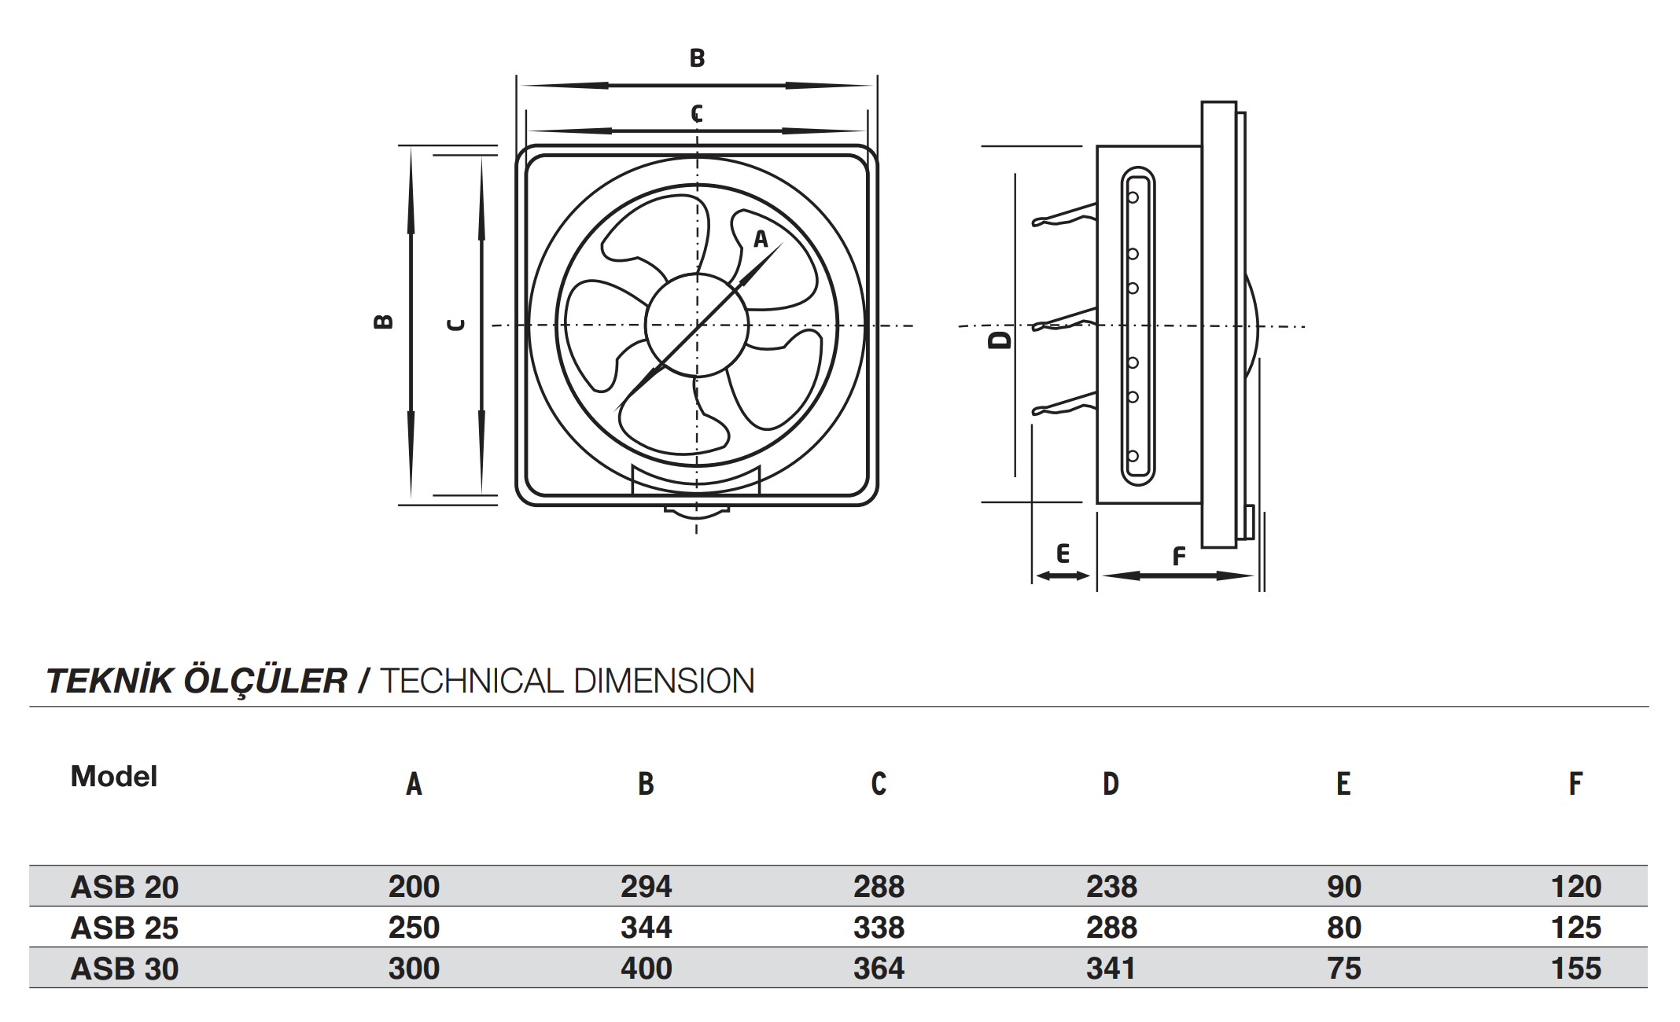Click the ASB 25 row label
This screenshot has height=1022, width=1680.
(124, 928)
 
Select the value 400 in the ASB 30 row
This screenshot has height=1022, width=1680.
(646, 969)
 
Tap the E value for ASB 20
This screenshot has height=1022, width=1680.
(1343, 887)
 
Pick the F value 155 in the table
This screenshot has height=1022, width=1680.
(1575, 969)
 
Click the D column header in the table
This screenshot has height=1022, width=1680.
(1111, 784)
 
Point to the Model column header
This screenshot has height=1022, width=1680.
(114, 777)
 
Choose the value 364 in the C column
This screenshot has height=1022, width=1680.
(879, 969)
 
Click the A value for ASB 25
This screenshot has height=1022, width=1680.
(414, 928)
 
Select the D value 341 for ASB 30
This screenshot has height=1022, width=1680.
(1111, 969)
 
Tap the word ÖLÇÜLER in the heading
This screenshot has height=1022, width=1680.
(265, 681)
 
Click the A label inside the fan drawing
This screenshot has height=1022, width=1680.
(761, 239)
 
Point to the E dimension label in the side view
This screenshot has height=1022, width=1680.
(1063, 553)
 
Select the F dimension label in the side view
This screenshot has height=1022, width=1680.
(1178, 557)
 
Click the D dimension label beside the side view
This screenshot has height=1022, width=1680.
(1000, 340)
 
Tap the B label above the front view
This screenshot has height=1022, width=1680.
(697, 58)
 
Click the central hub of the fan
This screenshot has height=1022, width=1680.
(697, 325)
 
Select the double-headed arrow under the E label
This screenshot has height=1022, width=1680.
(1063, 576)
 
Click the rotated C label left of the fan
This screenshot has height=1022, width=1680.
(455, 325)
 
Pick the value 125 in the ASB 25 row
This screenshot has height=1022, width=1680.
(1575, 928)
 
